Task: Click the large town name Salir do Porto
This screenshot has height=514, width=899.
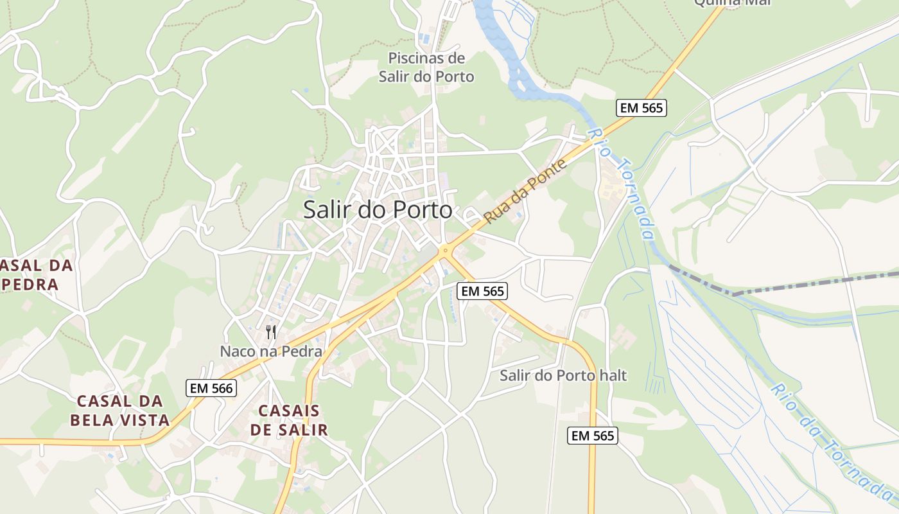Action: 378,210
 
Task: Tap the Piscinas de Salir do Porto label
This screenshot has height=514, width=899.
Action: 426,67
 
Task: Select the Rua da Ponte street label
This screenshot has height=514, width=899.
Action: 526,191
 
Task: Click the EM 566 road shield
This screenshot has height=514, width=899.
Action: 211,388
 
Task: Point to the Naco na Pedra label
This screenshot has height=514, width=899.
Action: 271,351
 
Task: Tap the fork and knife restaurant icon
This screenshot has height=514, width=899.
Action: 271,332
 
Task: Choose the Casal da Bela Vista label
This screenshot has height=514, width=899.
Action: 119,411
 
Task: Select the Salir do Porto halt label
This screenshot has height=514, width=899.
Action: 563,375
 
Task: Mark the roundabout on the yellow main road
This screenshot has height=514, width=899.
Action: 444,251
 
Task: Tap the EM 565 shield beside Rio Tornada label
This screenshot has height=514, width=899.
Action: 641,108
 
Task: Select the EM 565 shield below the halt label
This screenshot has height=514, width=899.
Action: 593,436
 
